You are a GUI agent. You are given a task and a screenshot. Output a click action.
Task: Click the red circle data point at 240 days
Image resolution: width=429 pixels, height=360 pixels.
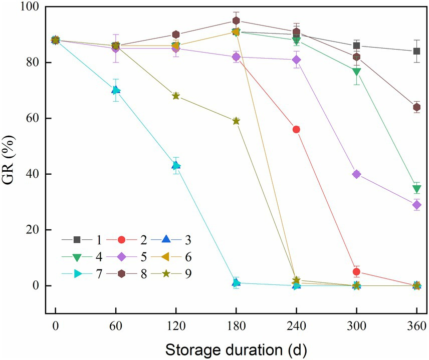pyautogui.click(x=296, y=129)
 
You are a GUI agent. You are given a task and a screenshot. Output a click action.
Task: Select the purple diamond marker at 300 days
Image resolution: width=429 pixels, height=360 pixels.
pyautogui.click(x=356, y=174)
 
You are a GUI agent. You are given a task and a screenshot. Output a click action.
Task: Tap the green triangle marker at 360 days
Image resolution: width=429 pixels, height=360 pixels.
pyautogui.click(x=416, y=189)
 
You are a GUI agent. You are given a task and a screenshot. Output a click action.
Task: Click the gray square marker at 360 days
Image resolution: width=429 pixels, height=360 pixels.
pyautogui.click(x=416, y=51)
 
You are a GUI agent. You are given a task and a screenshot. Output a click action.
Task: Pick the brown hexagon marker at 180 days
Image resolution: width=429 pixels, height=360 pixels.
pyautogui.click(x=236, y=21)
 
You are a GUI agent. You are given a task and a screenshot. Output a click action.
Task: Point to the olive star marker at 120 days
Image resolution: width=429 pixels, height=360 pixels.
pyautogui.click(x=176, y=96)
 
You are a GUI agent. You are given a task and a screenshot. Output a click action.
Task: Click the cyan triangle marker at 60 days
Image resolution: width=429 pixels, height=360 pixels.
pyautogui.click(x=116, y=90)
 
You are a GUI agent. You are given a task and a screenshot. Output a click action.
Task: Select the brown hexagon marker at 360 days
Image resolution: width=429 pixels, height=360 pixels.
pyautogui.click(x=416, y=107)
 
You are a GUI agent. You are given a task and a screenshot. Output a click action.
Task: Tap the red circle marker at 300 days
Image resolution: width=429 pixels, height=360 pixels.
pyautogui.click(x=356, y=272)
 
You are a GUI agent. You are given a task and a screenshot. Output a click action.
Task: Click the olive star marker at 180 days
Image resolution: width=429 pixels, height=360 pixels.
pyautogui.click(x=236, y=121)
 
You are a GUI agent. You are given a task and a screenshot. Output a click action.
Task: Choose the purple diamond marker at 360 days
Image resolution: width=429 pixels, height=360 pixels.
pyautogui.click(x=416, y=205)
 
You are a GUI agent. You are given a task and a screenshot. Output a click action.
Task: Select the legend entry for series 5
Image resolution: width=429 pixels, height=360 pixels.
pyautogui.click(x=130, y=257)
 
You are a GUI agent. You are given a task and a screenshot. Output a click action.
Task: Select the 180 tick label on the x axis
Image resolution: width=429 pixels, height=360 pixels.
pyautogui.click(x=236, y=325)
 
